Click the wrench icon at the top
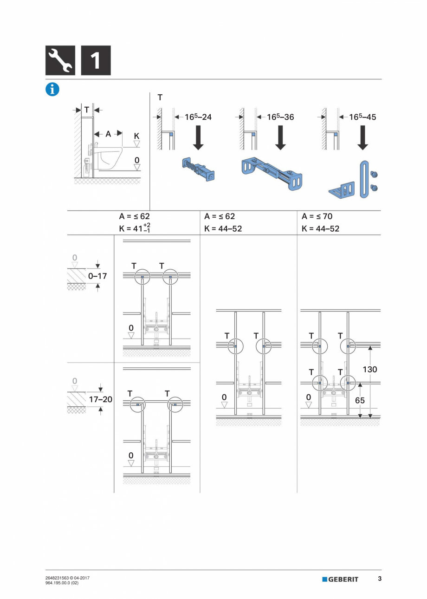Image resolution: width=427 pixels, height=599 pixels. click(x=60, y=60)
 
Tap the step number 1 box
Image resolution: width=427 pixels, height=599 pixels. click(x=96, y=60)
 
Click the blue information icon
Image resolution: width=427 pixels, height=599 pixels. click(x=52, y=90)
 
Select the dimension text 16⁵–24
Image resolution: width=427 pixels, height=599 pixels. click(x=198, y=117)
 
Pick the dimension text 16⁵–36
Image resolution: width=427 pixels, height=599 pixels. click(x=280, y=117)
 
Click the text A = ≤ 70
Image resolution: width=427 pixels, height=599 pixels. click(x=317, y=216)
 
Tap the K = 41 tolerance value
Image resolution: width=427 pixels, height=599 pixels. click(x=135, y=228)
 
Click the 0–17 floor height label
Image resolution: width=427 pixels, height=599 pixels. click(x=97, y=276)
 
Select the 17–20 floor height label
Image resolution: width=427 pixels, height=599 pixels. click(x=100, y=399)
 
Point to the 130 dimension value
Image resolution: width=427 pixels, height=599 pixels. click(x=369, y=370)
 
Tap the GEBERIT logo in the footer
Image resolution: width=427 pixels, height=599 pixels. click(x=340, y=579)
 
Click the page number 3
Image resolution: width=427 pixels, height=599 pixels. click(x=380, y=579)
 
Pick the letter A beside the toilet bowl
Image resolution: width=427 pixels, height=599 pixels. click(x=108, y=134)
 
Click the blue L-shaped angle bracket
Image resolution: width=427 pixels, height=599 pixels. click(x=342, y=190)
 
